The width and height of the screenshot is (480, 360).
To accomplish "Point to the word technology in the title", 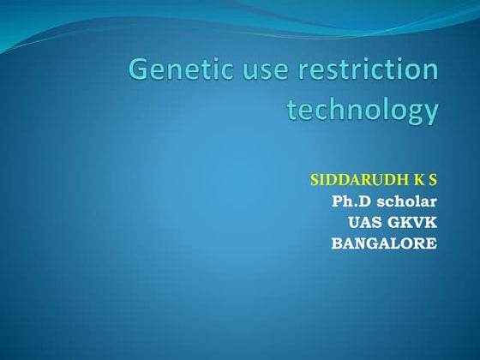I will (362, 111).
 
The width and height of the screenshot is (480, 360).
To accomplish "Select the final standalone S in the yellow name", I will (433, 181).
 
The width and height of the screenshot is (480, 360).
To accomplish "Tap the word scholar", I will (406, 201).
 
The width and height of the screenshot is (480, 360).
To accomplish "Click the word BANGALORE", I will (384, 243).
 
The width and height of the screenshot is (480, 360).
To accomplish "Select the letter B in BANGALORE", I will (337, 243).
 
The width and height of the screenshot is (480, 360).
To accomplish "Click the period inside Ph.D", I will (356, 206).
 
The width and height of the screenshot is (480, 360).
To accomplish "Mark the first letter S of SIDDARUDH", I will (315, 181).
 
